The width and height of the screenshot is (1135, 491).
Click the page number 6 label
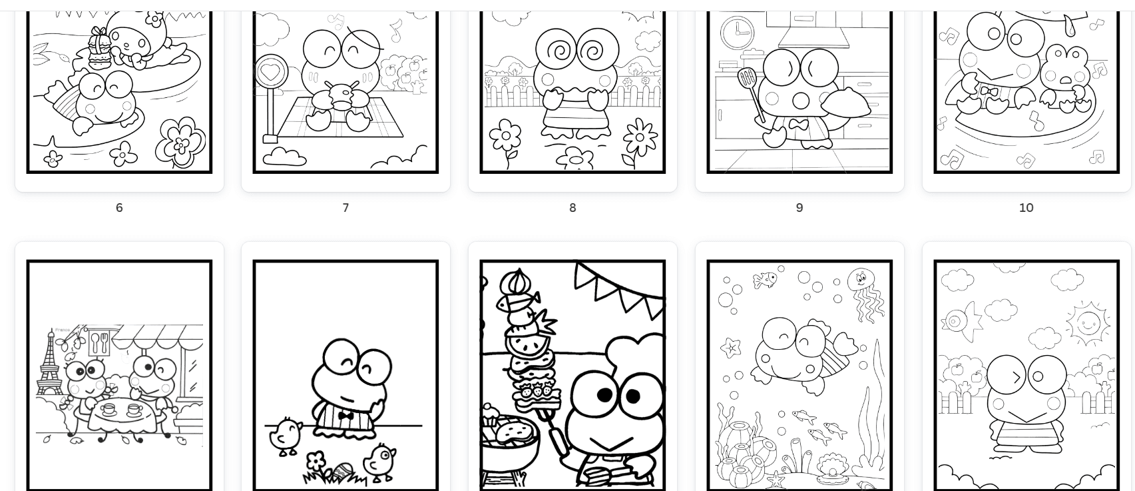(x=119, y=207)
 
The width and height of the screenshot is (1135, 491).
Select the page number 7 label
(x=345, y=207)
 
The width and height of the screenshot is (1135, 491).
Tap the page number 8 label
(x=572, y=207)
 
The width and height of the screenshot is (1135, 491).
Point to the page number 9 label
(x=799, y=207)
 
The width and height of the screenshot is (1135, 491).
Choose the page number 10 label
(x=1026, y=207)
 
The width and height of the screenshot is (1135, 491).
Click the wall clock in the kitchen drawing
(x=737, y=33)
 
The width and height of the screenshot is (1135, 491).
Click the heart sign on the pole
(x=271, y=72)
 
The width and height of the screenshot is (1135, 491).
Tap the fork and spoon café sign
(x=100, y=343)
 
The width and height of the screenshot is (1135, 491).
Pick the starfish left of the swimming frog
(x=731, y=348)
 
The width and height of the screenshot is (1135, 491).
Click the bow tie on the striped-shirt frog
(x=345, y=416)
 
